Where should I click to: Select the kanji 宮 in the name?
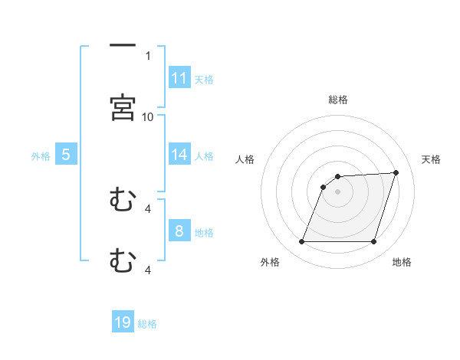123,108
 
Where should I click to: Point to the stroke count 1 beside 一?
148,55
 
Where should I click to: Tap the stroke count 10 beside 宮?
148,116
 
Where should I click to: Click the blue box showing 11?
179,78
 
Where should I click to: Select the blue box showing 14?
179,155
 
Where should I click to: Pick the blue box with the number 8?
179,231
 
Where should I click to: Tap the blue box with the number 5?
66,155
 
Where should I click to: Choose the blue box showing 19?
123,322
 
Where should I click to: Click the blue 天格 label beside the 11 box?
204,79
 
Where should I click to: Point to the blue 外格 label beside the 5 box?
41,155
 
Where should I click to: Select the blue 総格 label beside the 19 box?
147,323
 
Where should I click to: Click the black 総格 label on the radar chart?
338,100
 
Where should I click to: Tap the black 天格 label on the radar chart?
432,159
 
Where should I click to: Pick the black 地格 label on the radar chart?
402,262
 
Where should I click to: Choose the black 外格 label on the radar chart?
270,262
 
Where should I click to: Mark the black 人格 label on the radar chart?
245,159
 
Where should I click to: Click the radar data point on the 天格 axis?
396,172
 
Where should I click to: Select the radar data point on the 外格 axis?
301,242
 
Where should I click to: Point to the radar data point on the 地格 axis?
373,242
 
